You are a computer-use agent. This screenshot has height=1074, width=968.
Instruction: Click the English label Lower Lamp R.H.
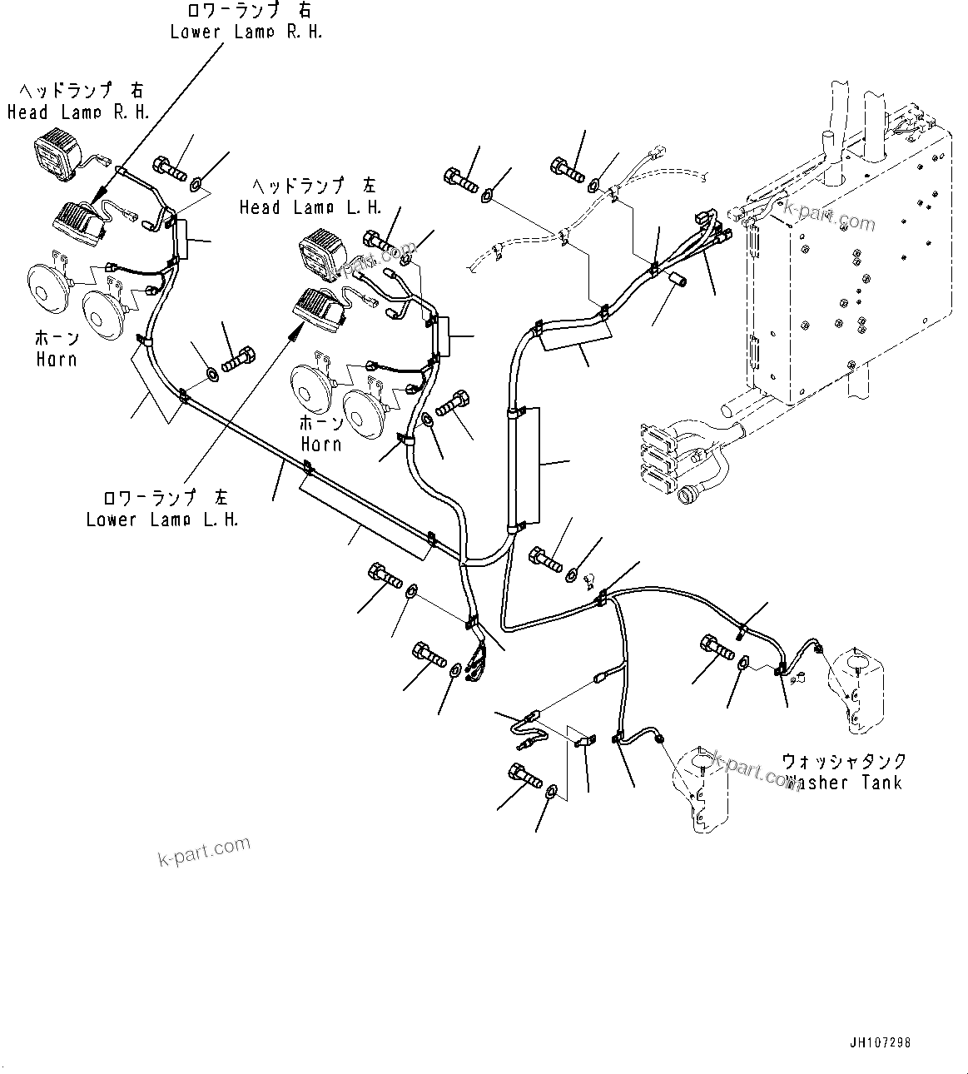coord(246,32)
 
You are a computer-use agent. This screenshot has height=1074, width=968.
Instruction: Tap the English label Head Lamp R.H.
coord(78,112)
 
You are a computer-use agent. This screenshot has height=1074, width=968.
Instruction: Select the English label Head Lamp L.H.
coord(310,207)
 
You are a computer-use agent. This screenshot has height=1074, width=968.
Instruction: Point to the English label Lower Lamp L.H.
coord(162,520)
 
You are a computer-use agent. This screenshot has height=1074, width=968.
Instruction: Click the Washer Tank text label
coord(844,783)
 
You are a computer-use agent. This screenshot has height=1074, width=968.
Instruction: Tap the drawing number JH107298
coord(885,1042)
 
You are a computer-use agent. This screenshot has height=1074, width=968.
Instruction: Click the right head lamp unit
coord(57,156)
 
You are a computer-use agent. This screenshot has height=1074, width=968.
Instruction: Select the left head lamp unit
coord(320,252)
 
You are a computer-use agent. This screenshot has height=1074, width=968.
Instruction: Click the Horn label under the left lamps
coord(321,444)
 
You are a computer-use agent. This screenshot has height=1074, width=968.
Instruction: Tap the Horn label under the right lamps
coord(57,359)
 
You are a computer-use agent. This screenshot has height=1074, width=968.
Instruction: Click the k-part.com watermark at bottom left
coord(204,850)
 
